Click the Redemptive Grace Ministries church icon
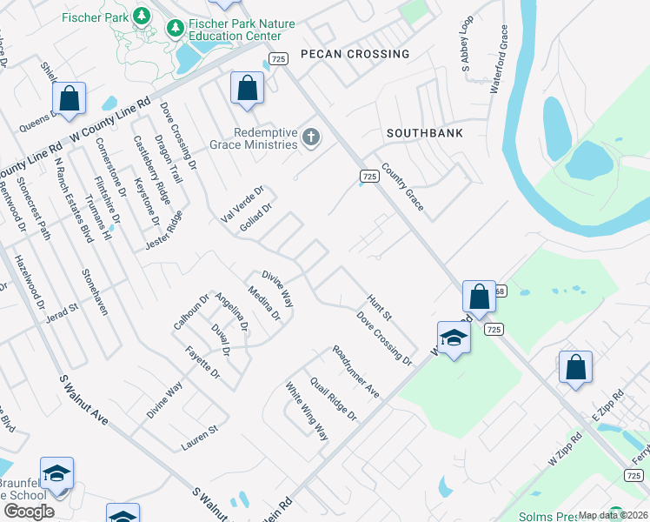(x=311, y=137)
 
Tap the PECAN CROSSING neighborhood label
(x=354, y=54)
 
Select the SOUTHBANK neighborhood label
(x=425, y=133)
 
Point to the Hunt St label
(x=380, y=305)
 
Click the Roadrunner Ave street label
(x=356, y=371)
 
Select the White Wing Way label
(x=307, y=410)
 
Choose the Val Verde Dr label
(x=242, y=204)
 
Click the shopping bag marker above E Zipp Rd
(x=575, y=366)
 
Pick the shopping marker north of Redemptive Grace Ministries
(x=247, y=88)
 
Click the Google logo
(x=29, y=512)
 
